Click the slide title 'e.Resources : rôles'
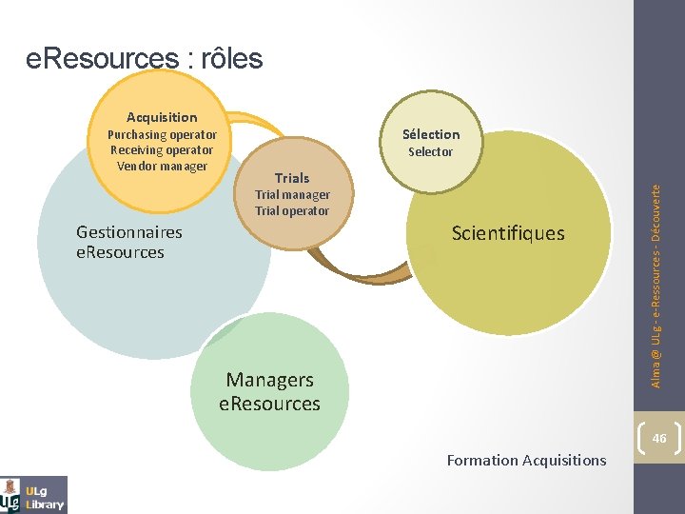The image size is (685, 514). pyautogui.click(x=145, y=59)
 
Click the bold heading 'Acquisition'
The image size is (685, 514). pyautogui.click(x=162, y=117)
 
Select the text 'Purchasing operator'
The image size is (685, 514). pyautogui.click(x=162, y=134)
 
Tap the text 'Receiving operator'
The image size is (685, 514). pyautogui.click(x=162, y=149)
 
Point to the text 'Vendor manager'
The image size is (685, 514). pyautogui.click(x=162, y=166)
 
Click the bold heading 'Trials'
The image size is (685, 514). pyautogui.click(x=292, y=178)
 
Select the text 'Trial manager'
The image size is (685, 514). pyautogui.click(x=292, y=194)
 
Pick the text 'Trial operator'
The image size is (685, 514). pyautogui.click(x=292, y=210)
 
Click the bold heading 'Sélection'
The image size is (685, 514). pyautogui.click(x=431, y=134)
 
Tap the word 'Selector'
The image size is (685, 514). pyautogui.click(x=431, y=151)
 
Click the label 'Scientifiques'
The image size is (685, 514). pyautogui.click(x=508, y=233)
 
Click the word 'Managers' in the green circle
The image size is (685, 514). pyautogui.click(x=269, y=380)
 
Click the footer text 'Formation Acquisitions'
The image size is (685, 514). pyautogui.click(x=526, y=461)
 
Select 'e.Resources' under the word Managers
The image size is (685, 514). pyautogui.click(x=269, y=404)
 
